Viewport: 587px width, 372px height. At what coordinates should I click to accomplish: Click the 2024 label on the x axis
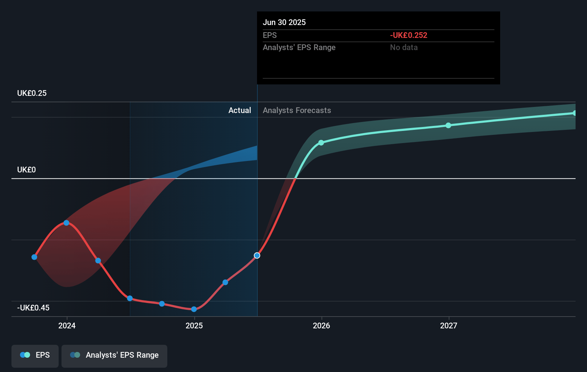click(67, 325)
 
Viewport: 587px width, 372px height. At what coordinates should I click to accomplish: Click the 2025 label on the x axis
click(194, 325)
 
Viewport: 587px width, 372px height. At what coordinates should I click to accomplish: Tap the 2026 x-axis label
click(321, 325)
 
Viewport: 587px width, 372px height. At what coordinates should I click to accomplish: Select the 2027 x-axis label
click(449, 325)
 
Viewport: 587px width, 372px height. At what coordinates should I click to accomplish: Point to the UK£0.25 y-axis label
click(32, 93)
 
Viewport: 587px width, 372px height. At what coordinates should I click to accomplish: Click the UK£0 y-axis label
click(26, 170)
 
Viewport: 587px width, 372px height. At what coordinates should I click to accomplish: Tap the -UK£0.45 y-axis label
click(33, 308)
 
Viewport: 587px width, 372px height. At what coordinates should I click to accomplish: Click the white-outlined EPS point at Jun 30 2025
click(257, 255)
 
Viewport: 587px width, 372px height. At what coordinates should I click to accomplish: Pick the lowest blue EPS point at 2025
click(194, 309)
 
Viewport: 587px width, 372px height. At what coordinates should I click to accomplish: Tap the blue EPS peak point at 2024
click(66, 223)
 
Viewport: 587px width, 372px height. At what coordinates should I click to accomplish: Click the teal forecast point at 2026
click(321, 143)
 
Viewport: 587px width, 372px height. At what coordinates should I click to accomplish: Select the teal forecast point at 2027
click(448, 126)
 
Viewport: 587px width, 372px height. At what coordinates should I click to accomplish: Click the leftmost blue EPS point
click(34, 257)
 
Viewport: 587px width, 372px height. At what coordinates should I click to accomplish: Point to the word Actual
click(240, 111)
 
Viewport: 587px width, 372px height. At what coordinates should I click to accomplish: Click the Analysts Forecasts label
click(297, 111)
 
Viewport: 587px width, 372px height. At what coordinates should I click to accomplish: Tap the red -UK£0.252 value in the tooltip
click(409, 35)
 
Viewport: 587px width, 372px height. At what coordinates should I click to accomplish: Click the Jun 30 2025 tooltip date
click(284, 23)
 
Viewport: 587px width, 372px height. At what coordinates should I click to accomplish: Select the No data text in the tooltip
click(404, 48)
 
